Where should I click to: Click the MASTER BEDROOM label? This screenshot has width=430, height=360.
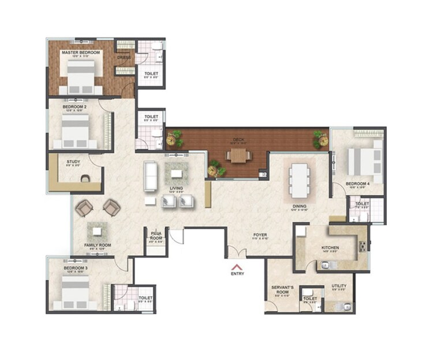click(x=81, y=52)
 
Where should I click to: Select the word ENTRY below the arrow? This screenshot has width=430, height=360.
click(x=237, y=273)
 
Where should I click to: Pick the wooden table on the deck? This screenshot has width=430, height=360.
click(x=239, y=155)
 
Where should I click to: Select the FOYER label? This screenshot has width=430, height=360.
click(x=260, y=235)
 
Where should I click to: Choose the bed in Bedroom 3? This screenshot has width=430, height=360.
click(x=75, y=292)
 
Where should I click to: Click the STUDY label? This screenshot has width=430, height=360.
click(x=73, y=162)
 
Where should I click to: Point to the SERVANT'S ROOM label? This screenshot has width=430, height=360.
click(x=283, y=289)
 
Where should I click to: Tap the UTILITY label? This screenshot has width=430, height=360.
click(x=339, y=286)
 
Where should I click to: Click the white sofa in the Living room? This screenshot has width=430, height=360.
click(x=151, y=177)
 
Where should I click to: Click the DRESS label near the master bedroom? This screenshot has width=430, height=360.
click(x=124, y=58)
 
